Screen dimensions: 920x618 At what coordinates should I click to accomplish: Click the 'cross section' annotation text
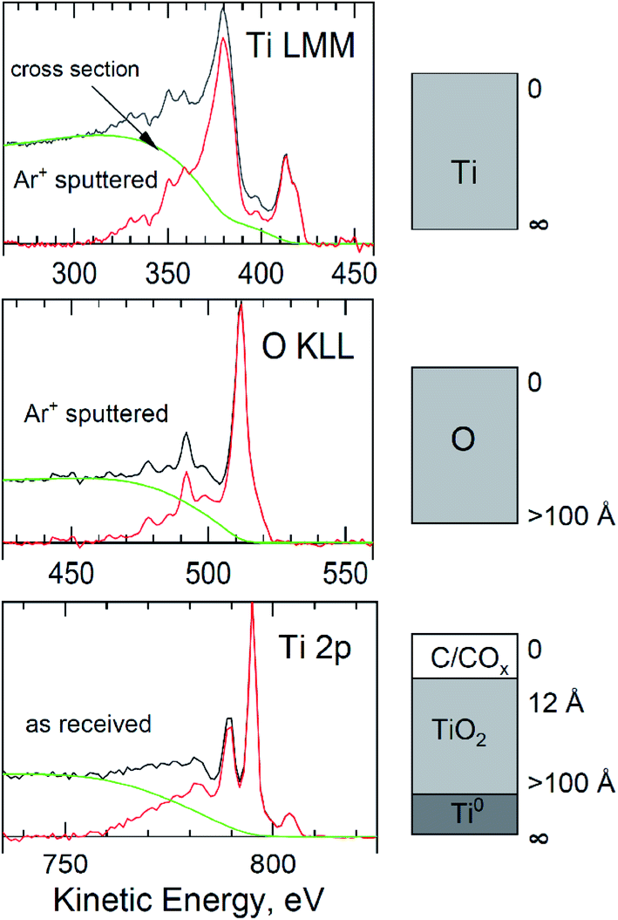pos(87,71)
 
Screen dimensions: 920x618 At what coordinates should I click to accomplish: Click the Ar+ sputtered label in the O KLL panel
pos(96,414)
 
